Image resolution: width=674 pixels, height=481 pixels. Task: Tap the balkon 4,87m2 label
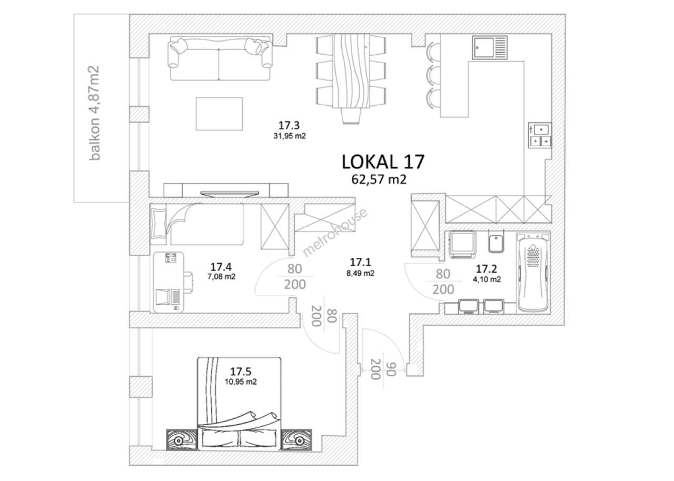click(95, 113)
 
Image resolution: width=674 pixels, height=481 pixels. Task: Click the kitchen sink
click(490, 47)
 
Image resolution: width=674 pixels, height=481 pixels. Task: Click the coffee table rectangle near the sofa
click(219, 113)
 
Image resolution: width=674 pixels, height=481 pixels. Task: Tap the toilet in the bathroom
click(494, 244)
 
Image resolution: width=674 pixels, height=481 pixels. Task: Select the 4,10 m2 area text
click(487, 280)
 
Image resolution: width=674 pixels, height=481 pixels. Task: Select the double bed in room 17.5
click(239, 403)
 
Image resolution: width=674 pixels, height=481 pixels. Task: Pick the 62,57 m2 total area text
click(380, 180)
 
